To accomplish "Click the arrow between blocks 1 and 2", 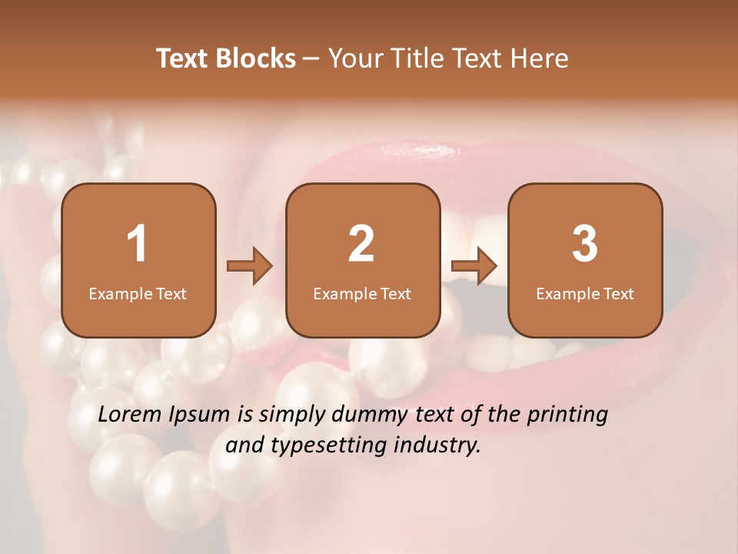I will pyautogui.click(x=250, y=266).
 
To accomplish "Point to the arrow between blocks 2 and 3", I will pyautogui.click(x=474, y=266).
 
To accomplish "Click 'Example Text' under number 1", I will pyautogui.click(x=138, y=294).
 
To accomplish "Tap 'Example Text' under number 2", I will pyautogui.click(x=362, y=294).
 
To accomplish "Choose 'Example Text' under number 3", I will pyautogui.click(x=585, y=294).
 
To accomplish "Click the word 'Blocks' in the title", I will pyautogui.click(x=256, y=58).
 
